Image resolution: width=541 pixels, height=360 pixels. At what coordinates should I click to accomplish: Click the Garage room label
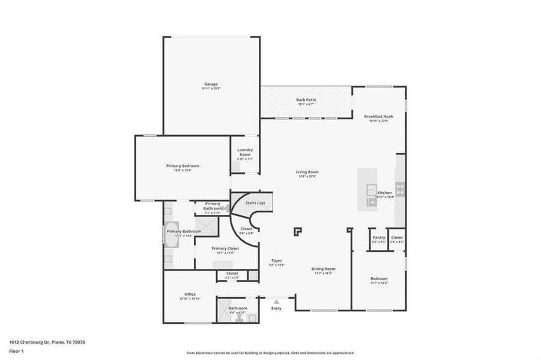[210, 84]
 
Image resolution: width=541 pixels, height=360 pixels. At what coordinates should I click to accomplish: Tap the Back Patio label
[306, 100]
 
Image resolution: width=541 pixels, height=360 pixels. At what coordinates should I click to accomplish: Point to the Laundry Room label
[244, 152]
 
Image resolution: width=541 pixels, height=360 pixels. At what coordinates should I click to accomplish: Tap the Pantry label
[378, 238]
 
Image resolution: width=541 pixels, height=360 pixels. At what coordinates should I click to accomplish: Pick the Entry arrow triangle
[276, 302]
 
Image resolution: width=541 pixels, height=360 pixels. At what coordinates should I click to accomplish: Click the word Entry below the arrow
[276, 308]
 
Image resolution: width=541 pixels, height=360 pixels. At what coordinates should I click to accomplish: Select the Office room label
[190, 294]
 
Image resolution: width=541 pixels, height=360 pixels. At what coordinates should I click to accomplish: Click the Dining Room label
[323, 269]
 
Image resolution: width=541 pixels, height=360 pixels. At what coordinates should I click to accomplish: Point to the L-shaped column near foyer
[298, 231]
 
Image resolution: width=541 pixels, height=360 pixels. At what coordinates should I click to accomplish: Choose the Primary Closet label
[225, 248]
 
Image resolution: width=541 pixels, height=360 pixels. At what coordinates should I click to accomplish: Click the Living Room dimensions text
[307, 176]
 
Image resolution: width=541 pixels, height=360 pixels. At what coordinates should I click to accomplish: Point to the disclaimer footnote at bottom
[270, 353]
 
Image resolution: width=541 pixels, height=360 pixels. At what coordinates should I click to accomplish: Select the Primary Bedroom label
[183, 166]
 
